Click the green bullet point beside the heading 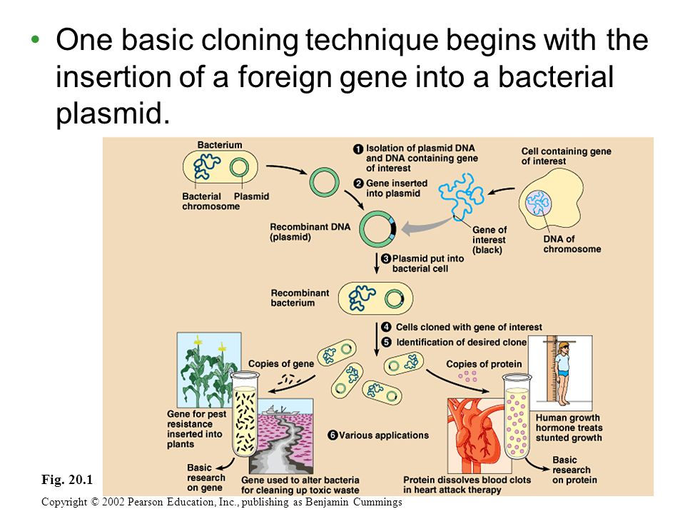[x=36, y=40]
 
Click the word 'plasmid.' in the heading [x=112, y=114]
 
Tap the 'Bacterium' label [x=219, y=145]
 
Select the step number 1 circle [x=358, y=149]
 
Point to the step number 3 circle [x=386, y=258]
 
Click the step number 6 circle [x=333, y=435]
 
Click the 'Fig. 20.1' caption [x=67, y=480]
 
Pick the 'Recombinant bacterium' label [x=300, y=298]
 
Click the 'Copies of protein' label [x=484, y=364]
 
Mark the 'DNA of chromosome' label [x=572, y=244]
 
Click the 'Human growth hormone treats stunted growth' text [x=569, y=428]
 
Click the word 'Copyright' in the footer [x=64, y=502]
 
